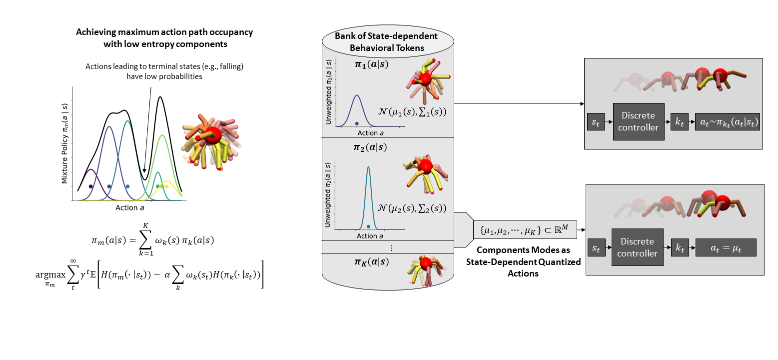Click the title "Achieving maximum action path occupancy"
tap(164, 32)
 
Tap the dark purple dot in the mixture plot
tap(90, 186)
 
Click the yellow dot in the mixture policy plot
tap(167, 186)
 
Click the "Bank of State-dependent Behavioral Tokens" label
tap(386, 42)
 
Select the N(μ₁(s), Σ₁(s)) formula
tap(412, 112)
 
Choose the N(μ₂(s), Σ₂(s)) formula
tap(412, 208)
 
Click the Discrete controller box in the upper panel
tap(639, 121)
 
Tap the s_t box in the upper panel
tap(596, 121)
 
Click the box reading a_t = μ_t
tap(726, 247)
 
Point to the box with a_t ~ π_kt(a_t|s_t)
tap(727, 121)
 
